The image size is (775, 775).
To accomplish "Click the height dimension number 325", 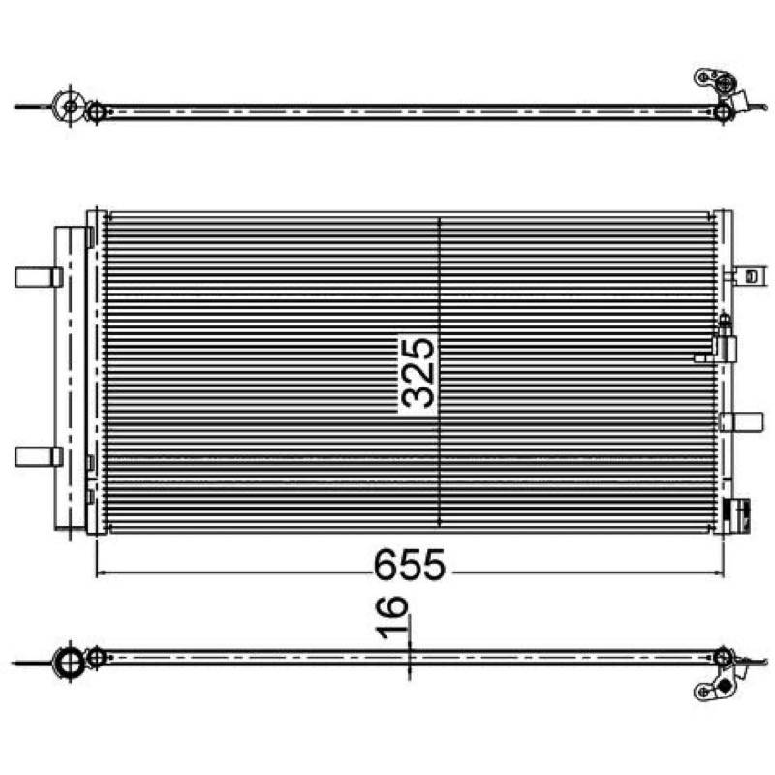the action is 418,373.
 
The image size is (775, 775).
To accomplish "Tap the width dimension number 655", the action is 409,565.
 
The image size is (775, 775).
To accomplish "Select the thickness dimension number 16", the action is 392,618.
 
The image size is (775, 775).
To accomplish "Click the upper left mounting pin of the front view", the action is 39,277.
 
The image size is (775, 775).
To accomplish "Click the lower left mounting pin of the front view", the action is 39,456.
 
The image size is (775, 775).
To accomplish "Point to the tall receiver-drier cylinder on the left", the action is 70,378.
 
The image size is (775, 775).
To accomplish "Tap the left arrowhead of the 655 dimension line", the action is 101,573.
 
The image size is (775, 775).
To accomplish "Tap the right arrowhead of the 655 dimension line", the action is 719,573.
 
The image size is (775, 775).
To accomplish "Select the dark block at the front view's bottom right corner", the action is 736,516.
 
